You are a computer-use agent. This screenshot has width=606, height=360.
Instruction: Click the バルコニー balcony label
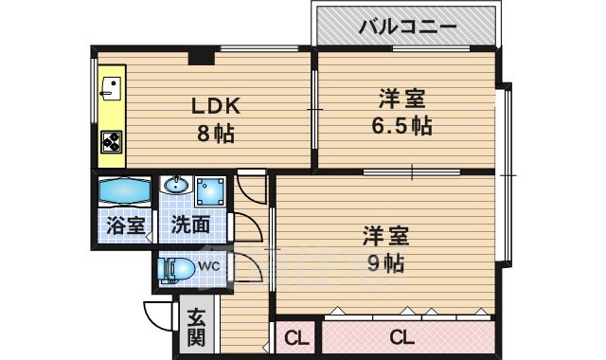tap(407, 26)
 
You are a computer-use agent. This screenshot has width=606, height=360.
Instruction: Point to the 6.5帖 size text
tap(401, 124)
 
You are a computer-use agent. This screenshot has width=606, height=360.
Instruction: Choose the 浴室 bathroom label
tap(125, 225)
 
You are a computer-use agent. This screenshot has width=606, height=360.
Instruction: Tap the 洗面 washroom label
tap(190, 225)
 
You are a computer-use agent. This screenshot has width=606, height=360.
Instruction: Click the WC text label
tap(209, 266)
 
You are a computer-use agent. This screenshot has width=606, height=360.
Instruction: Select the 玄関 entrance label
tap(196, 326)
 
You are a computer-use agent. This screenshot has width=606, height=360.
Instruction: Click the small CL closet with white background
tap(295, 337)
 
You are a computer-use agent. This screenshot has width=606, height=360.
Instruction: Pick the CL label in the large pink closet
tap(402, 336)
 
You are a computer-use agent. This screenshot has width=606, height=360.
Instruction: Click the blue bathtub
tap(125, 190)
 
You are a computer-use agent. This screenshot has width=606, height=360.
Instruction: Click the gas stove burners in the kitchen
tap(112, 142)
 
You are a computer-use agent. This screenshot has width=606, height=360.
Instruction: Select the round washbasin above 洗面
tap(175, 186)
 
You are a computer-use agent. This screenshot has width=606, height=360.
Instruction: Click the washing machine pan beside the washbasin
tap(210, 192)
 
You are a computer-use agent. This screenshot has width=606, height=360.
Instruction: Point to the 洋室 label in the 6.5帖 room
tap(401, 98)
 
